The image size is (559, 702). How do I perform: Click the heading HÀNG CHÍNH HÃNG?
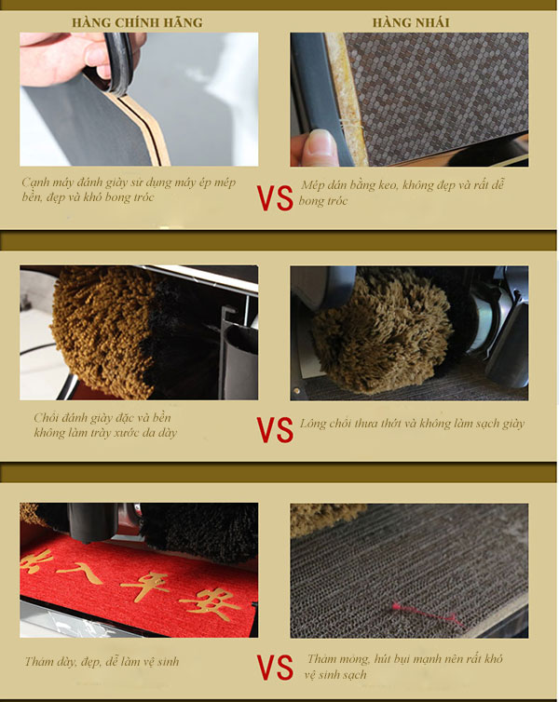coord(137,22)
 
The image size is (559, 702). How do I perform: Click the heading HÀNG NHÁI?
coord(411,22)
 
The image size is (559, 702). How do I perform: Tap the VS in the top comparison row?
coord(275,198)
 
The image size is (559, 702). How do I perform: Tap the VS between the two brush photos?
coord(275,430)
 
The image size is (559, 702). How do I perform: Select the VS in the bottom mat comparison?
coord(275,667)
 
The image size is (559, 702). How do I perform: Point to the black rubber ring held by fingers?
coord(116,62)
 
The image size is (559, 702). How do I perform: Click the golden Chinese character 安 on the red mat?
coord(210,604)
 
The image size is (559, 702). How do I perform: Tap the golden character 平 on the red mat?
coord(144,585)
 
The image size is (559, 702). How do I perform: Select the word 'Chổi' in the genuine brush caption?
coord(47,418)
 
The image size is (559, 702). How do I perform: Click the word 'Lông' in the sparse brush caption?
coord(313,424)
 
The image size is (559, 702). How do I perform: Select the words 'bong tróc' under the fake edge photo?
coord(322,200)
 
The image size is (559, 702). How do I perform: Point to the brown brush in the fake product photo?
coord(381,331)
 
